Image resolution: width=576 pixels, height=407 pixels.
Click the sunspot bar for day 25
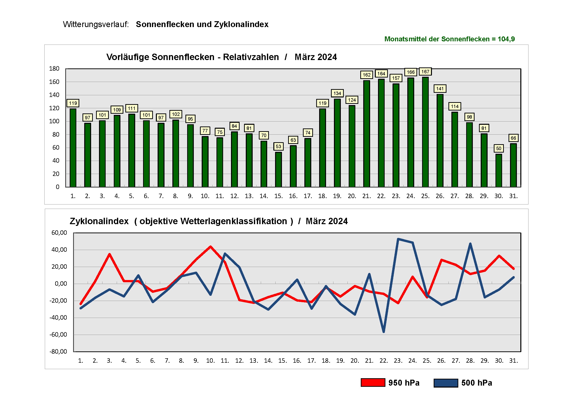[425, 132]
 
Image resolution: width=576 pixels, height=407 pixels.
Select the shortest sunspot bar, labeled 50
[499, 171]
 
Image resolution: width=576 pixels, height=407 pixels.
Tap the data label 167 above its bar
[425, 72]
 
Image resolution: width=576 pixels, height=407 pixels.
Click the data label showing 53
[279, 146]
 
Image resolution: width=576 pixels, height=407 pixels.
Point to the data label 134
[337, 93]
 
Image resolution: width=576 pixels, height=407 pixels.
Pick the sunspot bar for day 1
[73, 148]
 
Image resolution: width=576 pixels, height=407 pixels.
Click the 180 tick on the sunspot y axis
[54, 69]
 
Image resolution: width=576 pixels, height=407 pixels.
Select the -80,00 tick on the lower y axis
[58, 351]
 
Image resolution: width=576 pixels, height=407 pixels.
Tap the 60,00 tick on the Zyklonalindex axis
[59, 233]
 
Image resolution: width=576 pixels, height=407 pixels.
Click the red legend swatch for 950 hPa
[373, 383]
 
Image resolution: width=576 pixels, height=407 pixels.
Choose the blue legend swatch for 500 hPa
[446, 383]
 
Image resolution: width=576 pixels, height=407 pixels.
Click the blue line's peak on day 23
[398, 239]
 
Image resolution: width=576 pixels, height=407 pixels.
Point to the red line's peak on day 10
[211, 247]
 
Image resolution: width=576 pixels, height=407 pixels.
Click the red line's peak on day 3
[110, 254]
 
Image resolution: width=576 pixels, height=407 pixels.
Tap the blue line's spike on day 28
[470, 243]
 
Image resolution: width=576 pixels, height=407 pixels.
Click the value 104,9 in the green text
[506, 39]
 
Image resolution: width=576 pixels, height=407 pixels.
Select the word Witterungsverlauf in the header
[96, 24]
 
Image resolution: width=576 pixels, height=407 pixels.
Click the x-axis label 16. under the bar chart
[293, 196]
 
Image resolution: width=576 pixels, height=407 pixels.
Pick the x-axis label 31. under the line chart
[513, 361]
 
